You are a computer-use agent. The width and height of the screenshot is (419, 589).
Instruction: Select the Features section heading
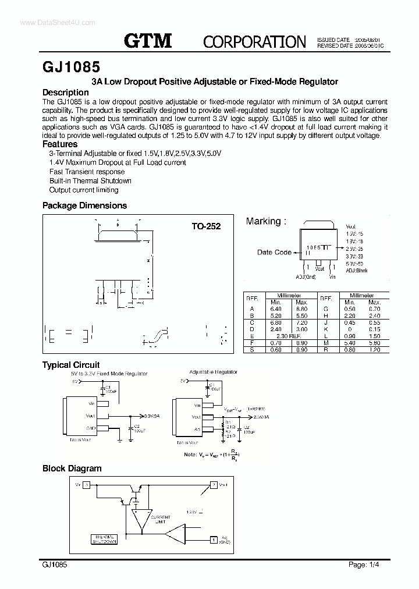click(x=60, y=144)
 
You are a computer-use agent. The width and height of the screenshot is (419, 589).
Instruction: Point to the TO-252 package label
click(x=206, y=226)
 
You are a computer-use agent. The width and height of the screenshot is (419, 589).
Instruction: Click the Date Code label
click(x=274, y=252)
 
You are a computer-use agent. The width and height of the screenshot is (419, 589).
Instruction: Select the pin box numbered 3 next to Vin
click(x=87, y=484)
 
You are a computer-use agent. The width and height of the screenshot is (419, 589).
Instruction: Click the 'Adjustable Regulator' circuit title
click(x=213, y=371)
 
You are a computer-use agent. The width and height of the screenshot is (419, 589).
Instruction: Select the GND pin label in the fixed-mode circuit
click(x=91, y=428)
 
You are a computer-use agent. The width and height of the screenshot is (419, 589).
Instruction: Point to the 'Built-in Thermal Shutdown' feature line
click(x=90, y=180)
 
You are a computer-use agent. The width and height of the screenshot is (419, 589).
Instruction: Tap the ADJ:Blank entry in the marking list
click(x=356, y=271)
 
